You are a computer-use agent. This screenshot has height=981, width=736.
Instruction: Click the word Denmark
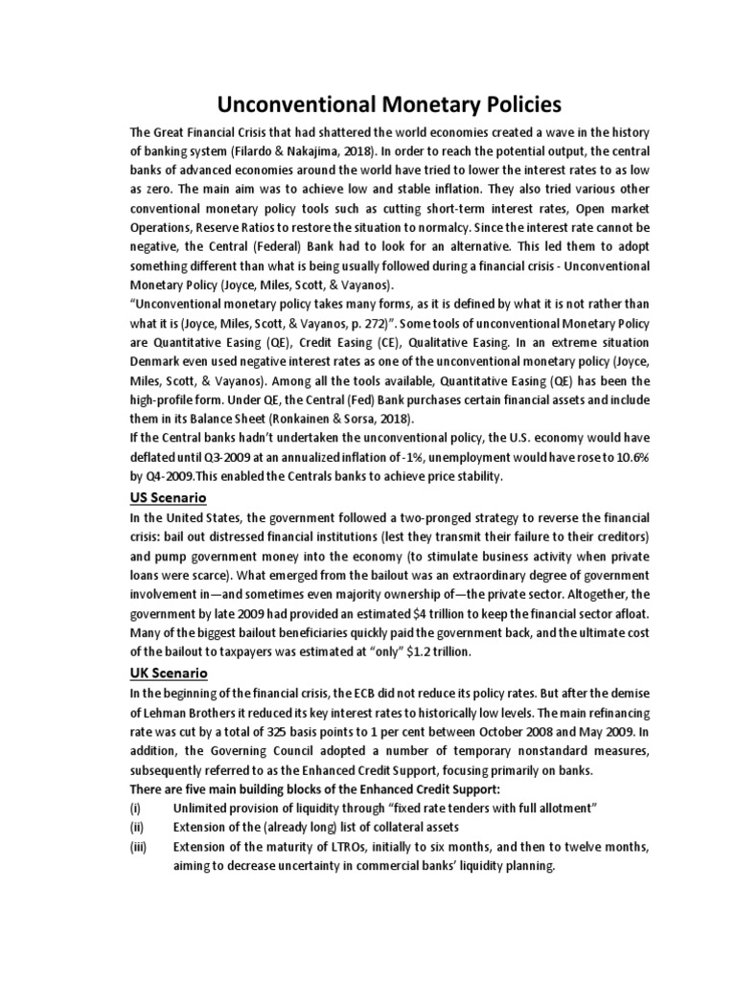162,360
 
